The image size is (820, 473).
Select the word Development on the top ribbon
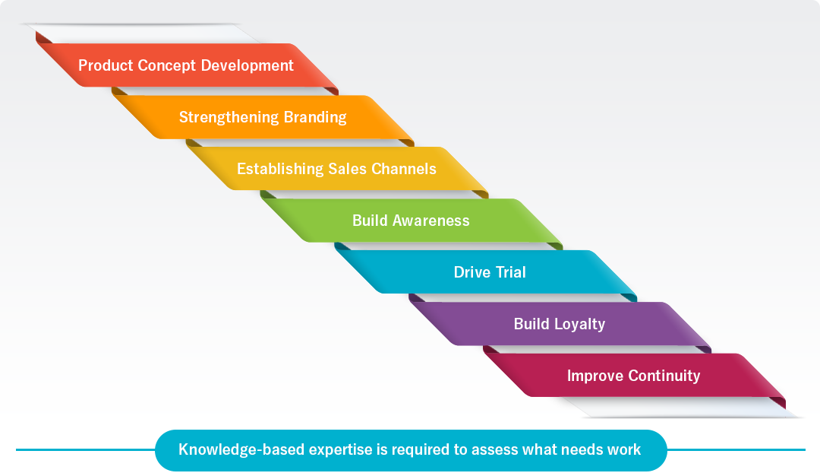[x=247, y=66]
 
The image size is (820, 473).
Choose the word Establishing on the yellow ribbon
[x=280, y=169]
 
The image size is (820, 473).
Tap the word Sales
[x=347, y=169]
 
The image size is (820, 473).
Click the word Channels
[x=404, y=169]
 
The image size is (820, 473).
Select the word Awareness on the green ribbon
[x=431, y=221]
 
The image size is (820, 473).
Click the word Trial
[x=510, y=272]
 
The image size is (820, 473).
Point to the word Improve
[x=595, y=376]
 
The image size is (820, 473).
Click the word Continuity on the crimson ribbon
[x=664, y=376]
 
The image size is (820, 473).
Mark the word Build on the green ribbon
[x=370, y=221]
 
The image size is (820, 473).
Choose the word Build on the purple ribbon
[x=531, y=324]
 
